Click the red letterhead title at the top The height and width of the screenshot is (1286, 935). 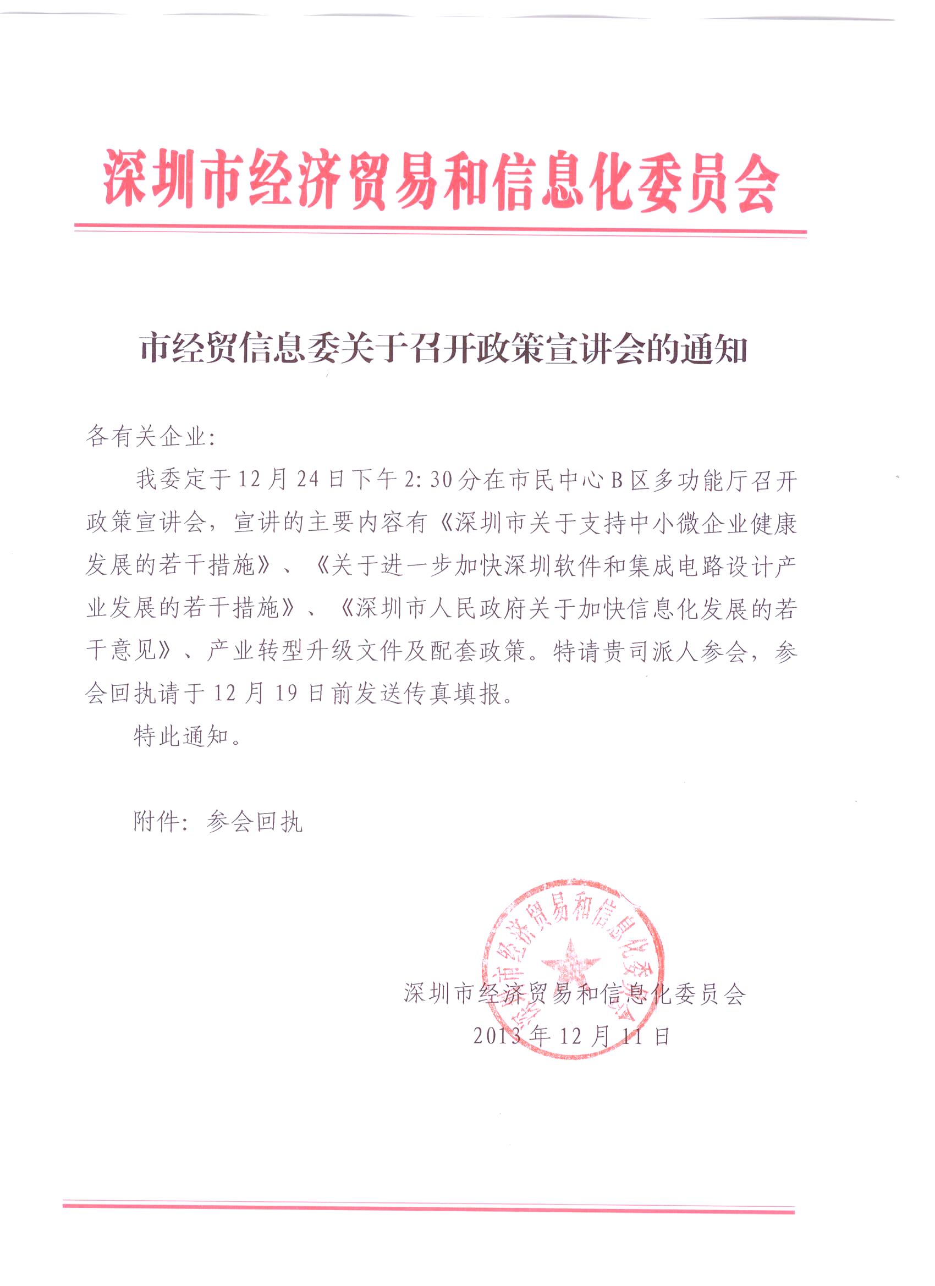(441, 181)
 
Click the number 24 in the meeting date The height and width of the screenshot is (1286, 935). (308, 480)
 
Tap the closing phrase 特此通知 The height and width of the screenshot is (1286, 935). (182, 737)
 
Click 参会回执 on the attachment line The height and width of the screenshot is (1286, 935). (255, 822)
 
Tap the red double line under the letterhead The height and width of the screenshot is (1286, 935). (441, 230)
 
